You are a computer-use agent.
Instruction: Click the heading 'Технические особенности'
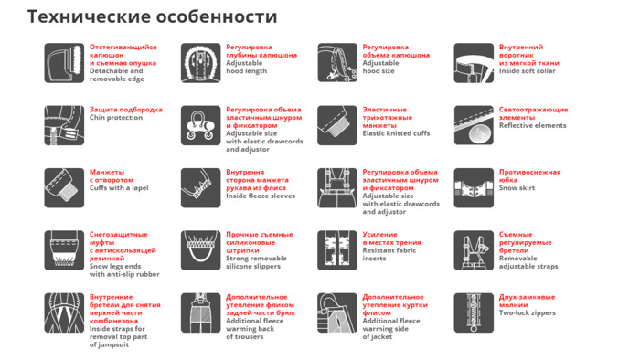point(153,16)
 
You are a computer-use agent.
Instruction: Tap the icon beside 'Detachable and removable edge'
point(64,63)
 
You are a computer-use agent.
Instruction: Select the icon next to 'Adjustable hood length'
point(201,63)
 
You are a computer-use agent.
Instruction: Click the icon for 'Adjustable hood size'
point(337,63)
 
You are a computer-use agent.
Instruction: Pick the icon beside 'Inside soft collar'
point(474,63)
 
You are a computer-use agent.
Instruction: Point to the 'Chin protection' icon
point(64,125)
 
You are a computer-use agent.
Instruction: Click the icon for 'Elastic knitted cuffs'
point(337,125)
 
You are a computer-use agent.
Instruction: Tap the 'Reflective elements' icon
point(474,125)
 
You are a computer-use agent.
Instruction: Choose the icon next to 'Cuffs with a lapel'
point(64,188)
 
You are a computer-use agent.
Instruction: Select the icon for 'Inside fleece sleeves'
point(201,188)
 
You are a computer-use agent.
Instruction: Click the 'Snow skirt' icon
point(474,188)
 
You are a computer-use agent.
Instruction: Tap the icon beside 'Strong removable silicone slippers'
point(201,250)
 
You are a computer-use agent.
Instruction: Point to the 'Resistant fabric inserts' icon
point(337,250)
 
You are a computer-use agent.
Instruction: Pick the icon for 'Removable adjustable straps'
point(474,250)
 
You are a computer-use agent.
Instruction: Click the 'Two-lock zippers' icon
point(474,312)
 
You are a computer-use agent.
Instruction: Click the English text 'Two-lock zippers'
point(528,313)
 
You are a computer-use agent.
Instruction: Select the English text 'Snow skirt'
point(517,188)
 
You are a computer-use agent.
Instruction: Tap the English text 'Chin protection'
point(116,118)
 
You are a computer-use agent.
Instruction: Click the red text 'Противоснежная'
point(529,172)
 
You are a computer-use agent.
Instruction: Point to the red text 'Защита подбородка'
point(126,110)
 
